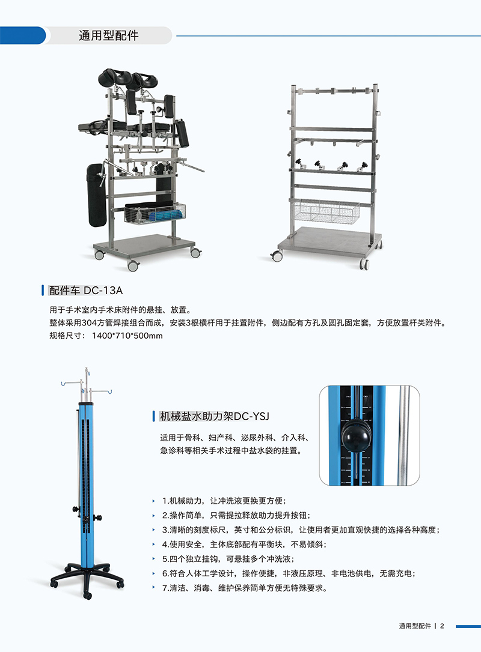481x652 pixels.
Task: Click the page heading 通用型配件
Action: pos(108,36)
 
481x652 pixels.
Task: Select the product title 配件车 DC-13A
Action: pos(86,290)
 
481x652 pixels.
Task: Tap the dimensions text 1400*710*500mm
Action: pos(127,336)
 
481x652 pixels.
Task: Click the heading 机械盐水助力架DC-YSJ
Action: pos(215,416)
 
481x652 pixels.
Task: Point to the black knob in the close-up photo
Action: pos(356,436)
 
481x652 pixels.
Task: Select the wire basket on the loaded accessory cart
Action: pos(155,213)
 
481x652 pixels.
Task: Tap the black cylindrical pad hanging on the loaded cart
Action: pos(97,195)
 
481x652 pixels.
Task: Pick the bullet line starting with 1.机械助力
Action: pos(224,501)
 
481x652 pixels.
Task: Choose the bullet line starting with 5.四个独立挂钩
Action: pos(228,559)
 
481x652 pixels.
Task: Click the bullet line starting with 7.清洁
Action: pos(245,588)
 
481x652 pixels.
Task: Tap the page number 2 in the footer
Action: pos(443,626)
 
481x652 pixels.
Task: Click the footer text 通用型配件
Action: pos(415,626)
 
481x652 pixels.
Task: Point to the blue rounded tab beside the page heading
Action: pos(23,35)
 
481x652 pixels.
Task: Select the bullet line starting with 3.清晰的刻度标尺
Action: pos(301,530)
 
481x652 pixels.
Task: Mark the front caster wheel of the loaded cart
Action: pos(133,265)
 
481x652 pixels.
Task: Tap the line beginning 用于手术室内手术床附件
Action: pos(120,310)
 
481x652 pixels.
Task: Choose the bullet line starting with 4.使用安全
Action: pos(245,545)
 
